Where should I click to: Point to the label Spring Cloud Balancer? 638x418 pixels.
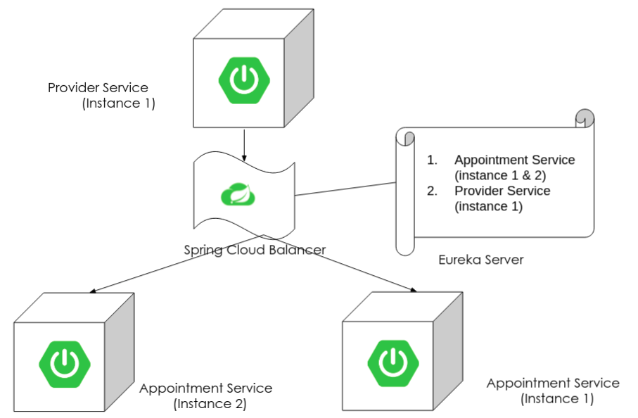point(255,250)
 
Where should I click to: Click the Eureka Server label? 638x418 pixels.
point(480,260)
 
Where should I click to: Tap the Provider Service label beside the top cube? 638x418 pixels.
point(98,88)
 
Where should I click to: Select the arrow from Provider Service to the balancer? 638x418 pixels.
point(243,144)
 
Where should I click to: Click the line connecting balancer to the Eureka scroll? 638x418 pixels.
point(345,189)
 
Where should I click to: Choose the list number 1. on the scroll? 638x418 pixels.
point(432,160)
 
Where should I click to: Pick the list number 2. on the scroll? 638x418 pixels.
point(432,191)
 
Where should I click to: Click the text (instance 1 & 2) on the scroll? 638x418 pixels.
point(500,175)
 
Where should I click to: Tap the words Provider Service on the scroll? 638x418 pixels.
point(502,191)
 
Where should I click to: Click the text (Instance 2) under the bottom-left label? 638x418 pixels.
point(210,404)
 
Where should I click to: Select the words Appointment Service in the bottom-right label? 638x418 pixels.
point(553,384)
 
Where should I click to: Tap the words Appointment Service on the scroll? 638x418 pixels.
point(514,160)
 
